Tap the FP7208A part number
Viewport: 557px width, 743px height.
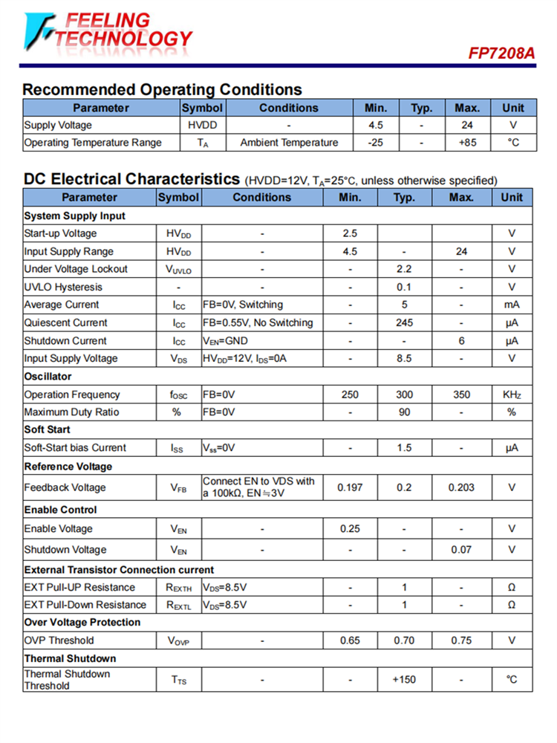pos(501,53)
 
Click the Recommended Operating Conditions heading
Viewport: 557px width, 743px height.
pos(162,90)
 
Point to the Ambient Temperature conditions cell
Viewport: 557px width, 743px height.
pos(289,143)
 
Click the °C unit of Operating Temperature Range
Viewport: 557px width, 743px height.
pos(512,143)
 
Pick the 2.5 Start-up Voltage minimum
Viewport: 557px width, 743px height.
pos(350,233)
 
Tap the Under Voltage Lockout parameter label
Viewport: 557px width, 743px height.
pos(76,269)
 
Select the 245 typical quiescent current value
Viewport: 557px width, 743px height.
pos(404,322)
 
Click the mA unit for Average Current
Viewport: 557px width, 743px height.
pos(511,305)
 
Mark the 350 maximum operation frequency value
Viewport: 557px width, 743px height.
pos(461,395)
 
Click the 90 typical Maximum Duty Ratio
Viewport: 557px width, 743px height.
pos(404,412)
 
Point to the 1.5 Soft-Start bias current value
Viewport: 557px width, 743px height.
pos(404,448)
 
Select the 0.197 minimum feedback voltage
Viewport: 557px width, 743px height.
pos(350,487)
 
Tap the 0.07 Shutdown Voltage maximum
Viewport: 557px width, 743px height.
pos(461,550)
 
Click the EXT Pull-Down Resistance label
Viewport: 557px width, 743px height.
pos(85,605)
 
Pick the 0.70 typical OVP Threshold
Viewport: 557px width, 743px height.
pos(404,640)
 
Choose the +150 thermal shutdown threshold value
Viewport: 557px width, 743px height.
pos(404,680)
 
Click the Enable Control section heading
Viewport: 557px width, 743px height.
pos(60,510)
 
